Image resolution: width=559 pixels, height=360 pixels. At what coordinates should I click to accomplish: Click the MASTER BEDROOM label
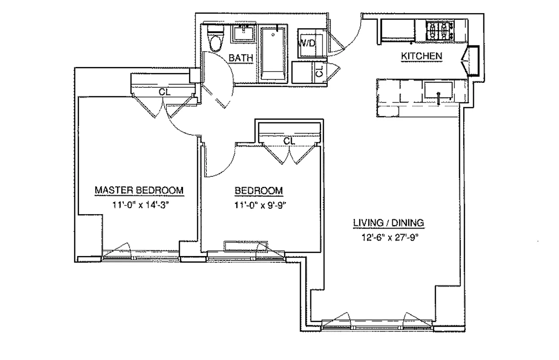tap(139, 190)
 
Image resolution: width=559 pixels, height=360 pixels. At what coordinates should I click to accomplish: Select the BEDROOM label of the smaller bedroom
tap(259, 191)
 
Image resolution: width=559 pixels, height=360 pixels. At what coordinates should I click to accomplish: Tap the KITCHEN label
tap(421, 56)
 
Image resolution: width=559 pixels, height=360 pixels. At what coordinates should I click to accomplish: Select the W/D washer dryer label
tap(307, 44)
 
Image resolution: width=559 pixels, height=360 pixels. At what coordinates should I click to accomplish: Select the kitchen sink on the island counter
tap(438, 91)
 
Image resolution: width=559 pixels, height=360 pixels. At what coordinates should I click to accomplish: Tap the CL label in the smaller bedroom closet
tap(289, 141)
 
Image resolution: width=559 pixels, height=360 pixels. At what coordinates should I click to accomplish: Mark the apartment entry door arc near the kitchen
tap(349, 34)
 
